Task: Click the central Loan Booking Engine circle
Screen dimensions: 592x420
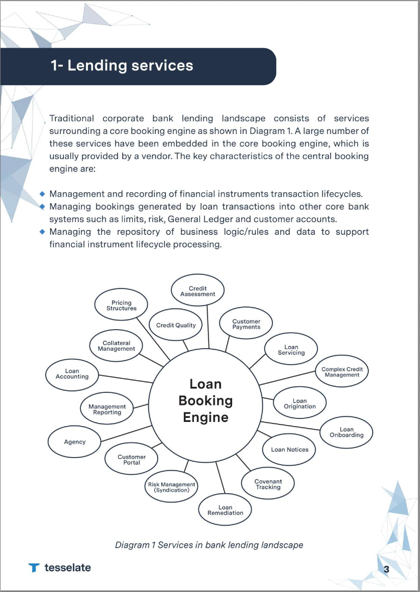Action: pos(205,401)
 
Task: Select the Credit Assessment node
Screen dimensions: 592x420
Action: pos(197,291)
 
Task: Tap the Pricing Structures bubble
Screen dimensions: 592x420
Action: pos(122,306)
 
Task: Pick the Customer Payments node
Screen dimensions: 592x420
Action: pos(246,324)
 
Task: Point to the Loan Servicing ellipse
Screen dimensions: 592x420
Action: pos(291,350)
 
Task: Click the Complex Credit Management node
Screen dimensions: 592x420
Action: pos(342,372)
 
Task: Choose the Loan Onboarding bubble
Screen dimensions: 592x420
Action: pos(347,432)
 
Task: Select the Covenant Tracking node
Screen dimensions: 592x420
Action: pos(268,484)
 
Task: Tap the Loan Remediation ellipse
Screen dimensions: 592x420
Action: pos(225,510)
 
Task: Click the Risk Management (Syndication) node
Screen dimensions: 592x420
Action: pos(171,487)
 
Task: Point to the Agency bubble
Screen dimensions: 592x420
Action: pos(75,442)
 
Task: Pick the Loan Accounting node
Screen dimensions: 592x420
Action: pos(72,374)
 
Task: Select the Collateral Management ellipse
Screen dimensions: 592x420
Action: pos(116,346)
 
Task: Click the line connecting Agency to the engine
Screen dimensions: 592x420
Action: pos(126,434)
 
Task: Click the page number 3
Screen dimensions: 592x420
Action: pos(386,568)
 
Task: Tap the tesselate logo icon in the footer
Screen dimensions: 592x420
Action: pos(34,568)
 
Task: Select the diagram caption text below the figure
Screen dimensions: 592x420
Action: pos(209,544)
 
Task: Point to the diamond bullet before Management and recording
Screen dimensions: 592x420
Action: pos(43,194)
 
